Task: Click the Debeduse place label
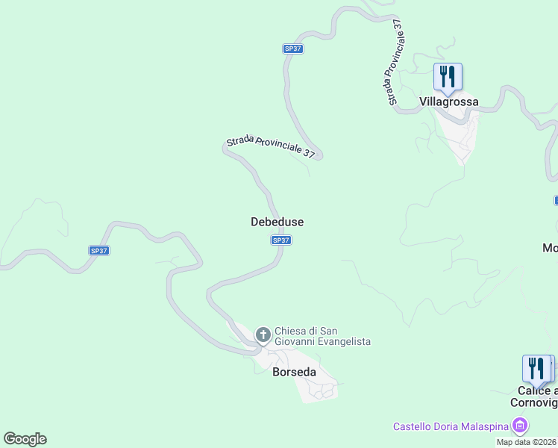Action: click(277, 222)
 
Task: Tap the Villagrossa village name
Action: click(448, 102)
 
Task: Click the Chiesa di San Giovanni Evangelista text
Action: click(322, 336)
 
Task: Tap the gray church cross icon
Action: click(263, 334)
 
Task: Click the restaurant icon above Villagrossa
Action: click(448, 76)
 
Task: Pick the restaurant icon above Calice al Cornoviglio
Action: click(536, 368)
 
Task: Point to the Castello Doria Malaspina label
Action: click(451, 427)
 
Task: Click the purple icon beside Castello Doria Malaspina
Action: click(520, 427)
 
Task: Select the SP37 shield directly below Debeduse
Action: click(280, 240)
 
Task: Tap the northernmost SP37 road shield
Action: click(293, 49)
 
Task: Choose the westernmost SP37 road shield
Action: click(99, 251)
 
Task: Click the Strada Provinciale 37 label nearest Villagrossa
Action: click(395, 64)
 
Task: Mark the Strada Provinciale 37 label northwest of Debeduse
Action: click(271, 146)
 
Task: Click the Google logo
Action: click(25, 439)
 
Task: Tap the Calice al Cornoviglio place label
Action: click(534, 396)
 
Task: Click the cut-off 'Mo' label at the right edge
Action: click(550, 248)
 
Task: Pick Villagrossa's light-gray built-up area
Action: click(460, 134)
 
